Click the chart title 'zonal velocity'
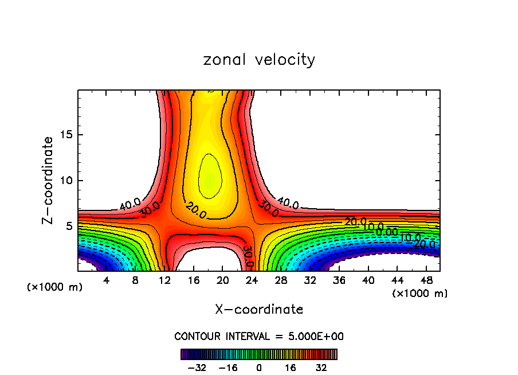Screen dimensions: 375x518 pos(259,60)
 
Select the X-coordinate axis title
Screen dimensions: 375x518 pos(259,310)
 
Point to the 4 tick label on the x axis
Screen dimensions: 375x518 pos(106,280)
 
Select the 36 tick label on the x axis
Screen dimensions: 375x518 pos(339,280)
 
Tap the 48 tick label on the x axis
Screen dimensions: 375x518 pos(426,280)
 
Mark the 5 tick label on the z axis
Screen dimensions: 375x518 pos(69,226)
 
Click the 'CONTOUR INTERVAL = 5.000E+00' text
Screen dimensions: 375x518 pos(259,336)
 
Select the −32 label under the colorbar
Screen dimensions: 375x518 pos(197,368)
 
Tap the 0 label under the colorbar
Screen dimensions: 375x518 pos(259,368)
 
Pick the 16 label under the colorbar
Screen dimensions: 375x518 pos(291,368)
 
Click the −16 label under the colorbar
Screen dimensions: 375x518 pos(228,368)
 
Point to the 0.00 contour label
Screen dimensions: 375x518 pos(387,232)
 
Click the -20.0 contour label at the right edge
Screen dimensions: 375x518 pos(425,244)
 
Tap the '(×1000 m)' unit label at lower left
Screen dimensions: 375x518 pos(55,287)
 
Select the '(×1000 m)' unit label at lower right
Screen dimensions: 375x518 pos(420,293)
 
